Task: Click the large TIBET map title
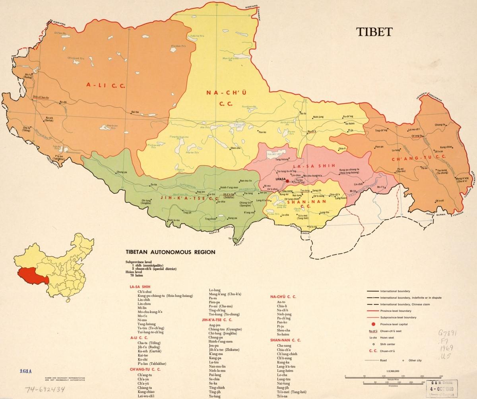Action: (x=374, y=32)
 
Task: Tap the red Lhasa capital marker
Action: (x=287, y=181)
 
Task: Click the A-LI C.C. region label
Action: (x=106, y=85)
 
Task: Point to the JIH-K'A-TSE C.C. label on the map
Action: (x=190, y=197)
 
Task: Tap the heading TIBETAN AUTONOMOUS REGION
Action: (x=171, y=252)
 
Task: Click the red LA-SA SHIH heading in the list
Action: (x=140, y=286)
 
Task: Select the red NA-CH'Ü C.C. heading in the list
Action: (x=283, y=297)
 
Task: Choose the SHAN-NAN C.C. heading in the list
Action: (x=285, y=340)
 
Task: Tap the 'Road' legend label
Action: (x=384, y=360)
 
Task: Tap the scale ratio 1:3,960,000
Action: (x=393, y=371)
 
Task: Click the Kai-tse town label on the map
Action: (x=135, y=112)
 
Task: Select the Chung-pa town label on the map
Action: (x=122, y=172)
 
